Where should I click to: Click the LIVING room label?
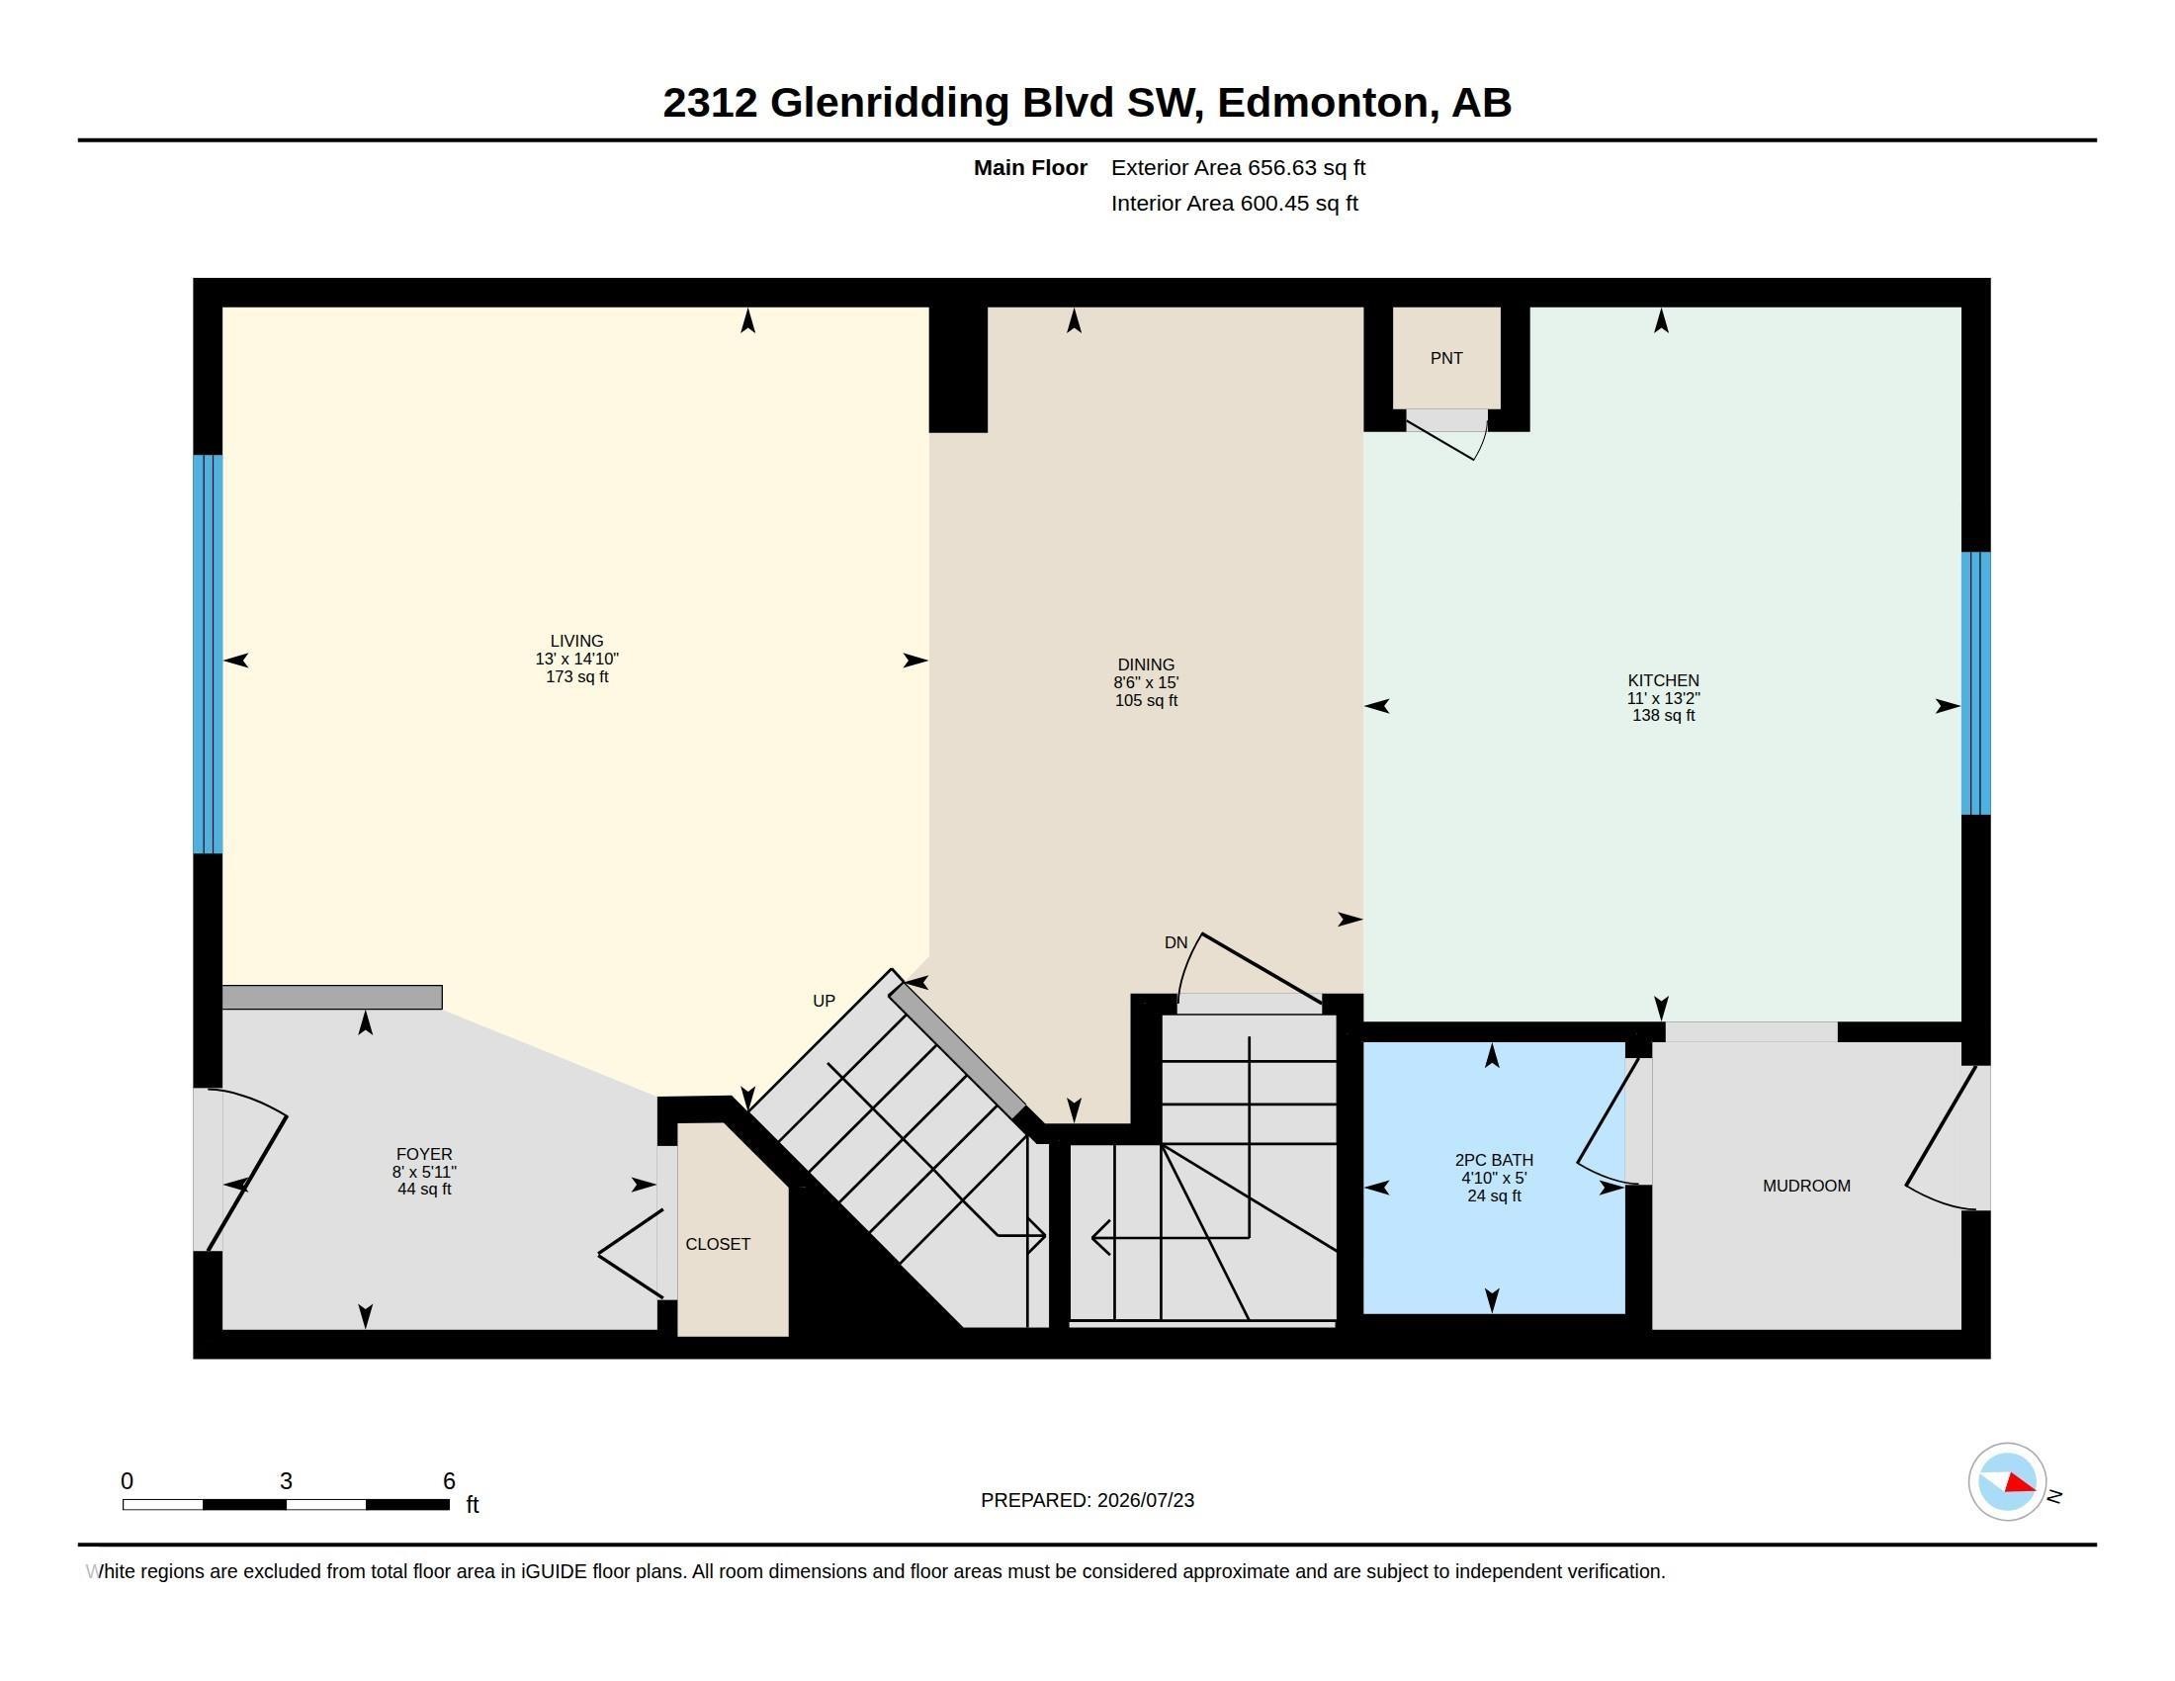[576, 642]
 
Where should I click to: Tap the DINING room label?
[1145, 665]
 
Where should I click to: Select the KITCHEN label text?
[1663, 681]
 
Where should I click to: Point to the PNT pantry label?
[1446, 359]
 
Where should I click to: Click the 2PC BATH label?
[1494, 1160]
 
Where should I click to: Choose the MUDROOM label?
[1806, 1186]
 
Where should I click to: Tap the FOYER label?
[424, 1154]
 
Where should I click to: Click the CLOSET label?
[718, 1245]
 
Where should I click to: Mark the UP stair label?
[824, 1001]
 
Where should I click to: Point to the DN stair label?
[1176, 943]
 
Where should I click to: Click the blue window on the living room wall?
[208, 655]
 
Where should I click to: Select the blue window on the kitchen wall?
[1976, 683]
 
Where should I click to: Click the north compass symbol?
[2008, 1482]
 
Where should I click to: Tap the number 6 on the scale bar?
[449, 1481]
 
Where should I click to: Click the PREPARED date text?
[1087, 1501]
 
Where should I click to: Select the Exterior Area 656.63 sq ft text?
[1238, 168]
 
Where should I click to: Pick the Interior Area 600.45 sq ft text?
[1234, 204]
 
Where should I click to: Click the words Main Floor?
[1030, 168]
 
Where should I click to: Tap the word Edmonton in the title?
[1323, 103]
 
